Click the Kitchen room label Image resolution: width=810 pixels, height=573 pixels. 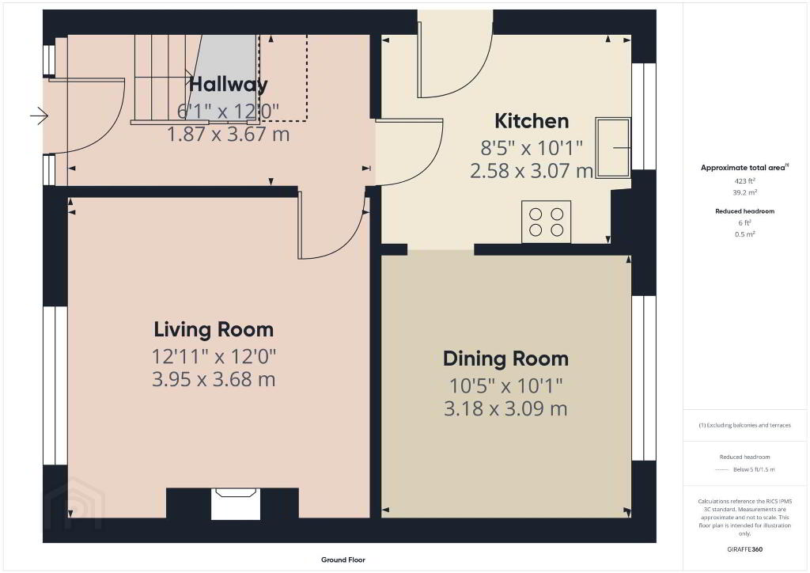(532, 121)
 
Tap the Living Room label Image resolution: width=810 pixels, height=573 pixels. (214, 330)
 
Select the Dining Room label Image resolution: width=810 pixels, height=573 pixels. (505, 359)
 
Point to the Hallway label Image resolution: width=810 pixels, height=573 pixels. (229, 84)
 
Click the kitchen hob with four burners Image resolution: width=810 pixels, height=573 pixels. (546, 222)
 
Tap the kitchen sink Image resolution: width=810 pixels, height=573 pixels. (613, 148)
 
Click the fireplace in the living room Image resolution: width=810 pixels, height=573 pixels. (236, 504)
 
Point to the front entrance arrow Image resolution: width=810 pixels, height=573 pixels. (40, 116)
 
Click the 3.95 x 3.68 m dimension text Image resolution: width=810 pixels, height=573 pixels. (214, 379)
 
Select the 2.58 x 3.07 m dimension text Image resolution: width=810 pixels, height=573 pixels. (532, 170)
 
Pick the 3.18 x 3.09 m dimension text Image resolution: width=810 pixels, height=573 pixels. (505, 408)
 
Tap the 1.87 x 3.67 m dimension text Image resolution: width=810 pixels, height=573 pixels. (228, 135)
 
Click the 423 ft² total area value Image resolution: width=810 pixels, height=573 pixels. (744, 180)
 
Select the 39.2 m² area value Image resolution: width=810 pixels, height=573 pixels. (744, 192)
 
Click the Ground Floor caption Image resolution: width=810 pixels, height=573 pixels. (343, 560)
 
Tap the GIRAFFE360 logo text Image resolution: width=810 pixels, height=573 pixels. (744, 549)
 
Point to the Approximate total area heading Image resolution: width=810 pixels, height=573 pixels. (744, 168)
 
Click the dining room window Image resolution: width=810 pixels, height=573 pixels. (644, 378)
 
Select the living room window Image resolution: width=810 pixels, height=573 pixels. (55, 385)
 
